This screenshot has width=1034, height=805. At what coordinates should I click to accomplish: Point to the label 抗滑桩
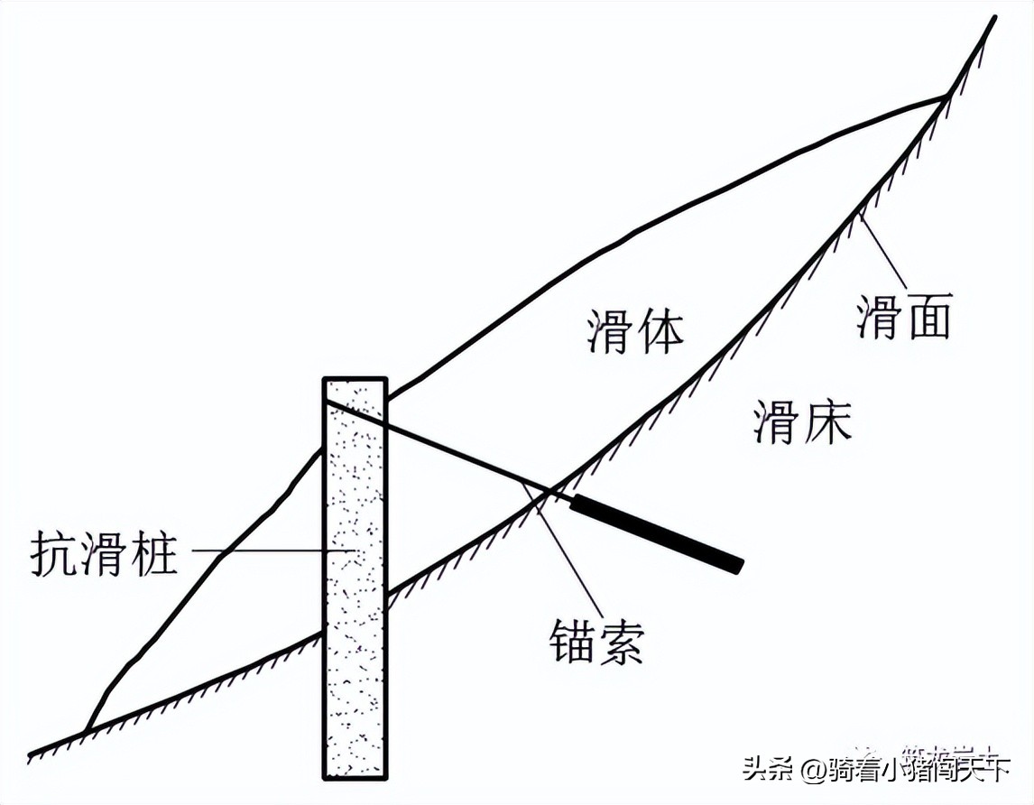pos(104,552)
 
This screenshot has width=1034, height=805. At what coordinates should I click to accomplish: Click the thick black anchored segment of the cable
pos(656,533)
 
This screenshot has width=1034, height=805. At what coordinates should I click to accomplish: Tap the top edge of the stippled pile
pos(355,379)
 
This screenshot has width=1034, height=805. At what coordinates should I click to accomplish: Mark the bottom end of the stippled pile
pos(355,776)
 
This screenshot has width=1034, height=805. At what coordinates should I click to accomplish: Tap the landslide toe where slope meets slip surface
pos(86,729)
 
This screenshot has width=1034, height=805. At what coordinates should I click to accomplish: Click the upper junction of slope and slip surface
pos(946,94)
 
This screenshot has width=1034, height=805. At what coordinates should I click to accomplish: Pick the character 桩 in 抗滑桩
pos(152,552)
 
